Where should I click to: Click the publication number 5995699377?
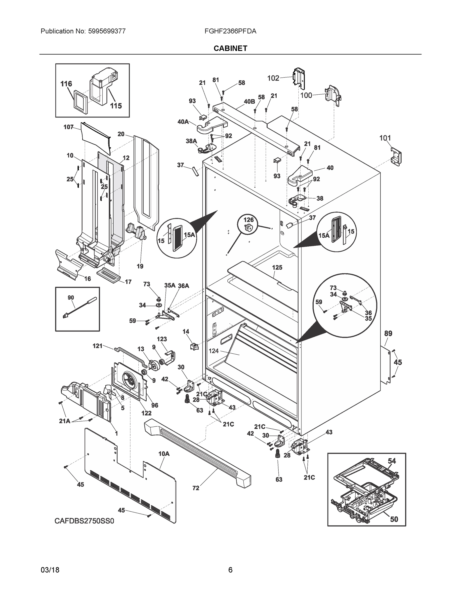coord(107,31)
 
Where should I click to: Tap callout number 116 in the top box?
coord(66,84)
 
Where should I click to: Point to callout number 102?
coord(273,78)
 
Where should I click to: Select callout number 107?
coord(68,127)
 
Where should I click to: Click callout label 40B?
coord(249,102)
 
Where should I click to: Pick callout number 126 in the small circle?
coord(249,220)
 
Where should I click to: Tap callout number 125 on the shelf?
coord(277,267)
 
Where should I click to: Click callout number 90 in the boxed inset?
coord(71,298)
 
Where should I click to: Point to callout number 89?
coord(388,334)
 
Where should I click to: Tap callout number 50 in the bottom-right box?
coord(394,519)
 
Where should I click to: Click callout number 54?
coord(392,461)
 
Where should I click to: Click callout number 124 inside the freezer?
coord(213,351)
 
